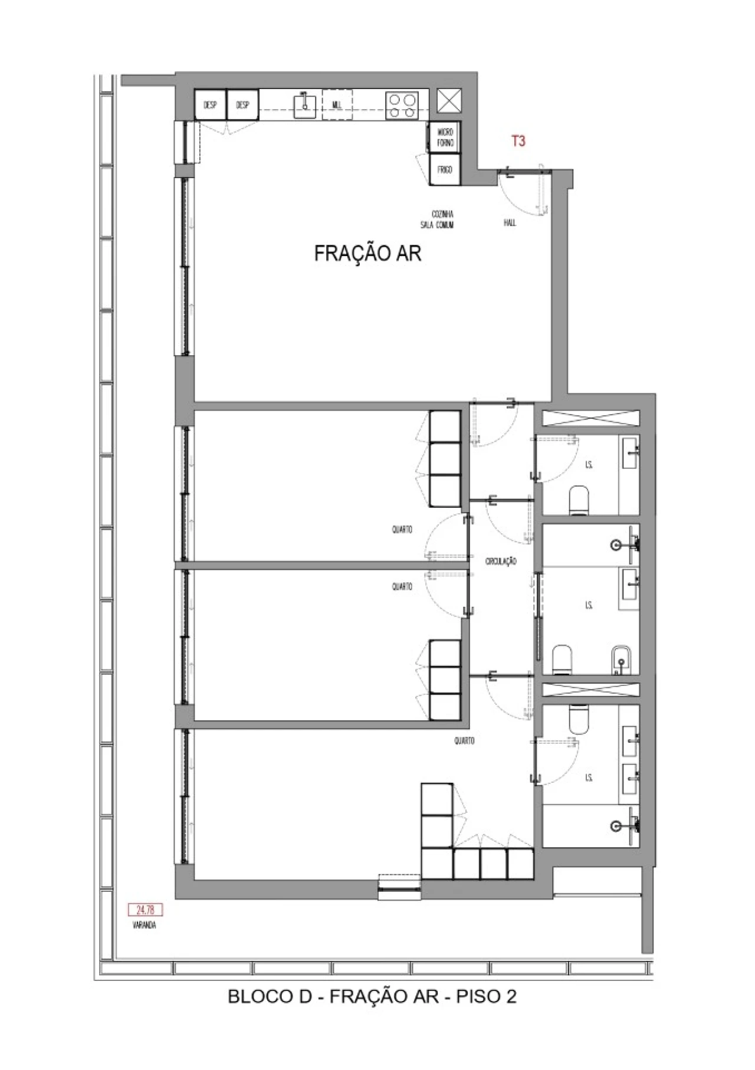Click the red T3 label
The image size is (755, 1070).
(x=518, y=142)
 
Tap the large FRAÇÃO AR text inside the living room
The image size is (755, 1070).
(x=367, y=254)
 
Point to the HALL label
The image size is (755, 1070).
(x=510, y=223)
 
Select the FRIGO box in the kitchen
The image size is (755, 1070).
(x=445, y=170)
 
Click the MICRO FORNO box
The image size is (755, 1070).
(x=445, y=139)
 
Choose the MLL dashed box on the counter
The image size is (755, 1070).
(x=337, y=106)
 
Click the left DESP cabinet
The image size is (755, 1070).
(x=210, y=106)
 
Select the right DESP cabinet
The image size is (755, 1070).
(x=242, y=106)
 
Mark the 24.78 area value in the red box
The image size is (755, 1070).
(x=145, y=910)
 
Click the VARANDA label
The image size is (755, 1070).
(x=145, y=925)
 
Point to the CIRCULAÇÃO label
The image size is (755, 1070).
(x=501, y=562)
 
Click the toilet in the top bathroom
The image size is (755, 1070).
(x=580, y=501)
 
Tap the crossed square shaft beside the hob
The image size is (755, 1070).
(x=449, y=101)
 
